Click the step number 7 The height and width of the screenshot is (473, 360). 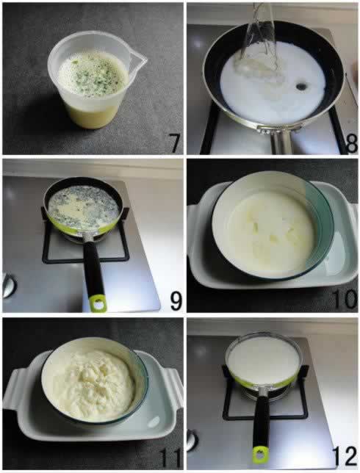[173, 143]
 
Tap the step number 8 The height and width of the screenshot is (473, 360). [351, 144]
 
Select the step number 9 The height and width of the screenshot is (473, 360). [176, 301]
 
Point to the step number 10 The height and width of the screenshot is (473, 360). [345, 300]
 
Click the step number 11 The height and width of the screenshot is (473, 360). [170, 458]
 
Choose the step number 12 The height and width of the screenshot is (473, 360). [345, 458]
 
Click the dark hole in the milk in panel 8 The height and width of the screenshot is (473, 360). [300, 87]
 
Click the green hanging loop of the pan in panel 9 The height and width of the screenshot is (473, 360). [98, 303]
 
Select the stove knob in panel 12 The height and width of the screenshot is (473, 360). [192, 440]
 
